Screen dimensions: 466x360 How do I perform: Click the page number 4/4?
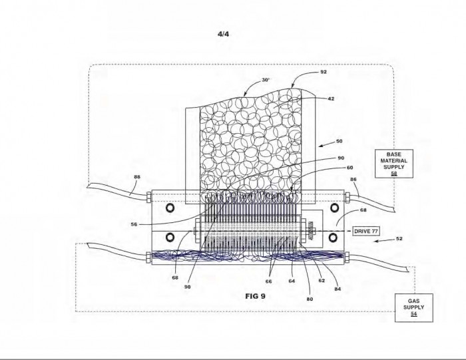(x=223, y=34)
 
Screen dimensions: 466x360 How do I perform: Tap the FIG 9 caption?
(x=255, y=296)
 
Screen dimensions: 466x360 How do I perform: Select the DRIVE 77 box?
(x=366, y=231)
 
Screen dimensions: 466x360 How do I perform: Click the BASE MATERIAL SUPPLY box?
(x=394, y=164)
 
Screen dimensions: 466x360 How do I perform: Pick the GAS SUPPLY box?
(x=413, y=307)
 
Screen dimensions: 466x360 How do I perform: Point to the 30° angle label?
(x=266, y=80)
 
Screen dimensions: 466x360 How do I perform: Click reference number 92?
(x=324, y=72)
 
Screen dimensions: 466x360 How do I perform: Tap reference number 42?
(x=331, y=98)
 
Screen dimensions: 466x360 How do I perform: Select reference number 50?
(x=339, y=141)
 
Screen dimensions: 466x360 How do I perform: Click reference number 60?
(x=349, y=168)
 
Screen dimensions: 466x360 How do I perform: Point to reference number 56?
(x=134, y=224)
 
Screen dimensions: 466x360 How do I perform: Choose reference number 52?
(x=399, y=238)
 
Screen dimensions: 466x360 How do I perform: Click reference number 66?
(x=269, y=281)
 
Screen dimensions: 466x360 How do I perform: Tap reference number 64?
(x=292, y=281)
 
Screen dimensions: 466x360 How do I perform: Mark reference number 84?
(x=338, y=289)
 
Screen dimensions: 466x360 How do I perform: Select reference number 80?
(x=310, y=299)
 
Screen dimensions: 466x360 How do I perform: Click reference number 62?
(x=322, y=280)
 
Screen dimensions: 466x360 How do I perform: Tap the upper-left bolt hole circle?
(x=170, y=208)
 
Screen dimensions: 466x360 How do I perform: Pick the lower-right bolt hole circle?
(x=334, y=237)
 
